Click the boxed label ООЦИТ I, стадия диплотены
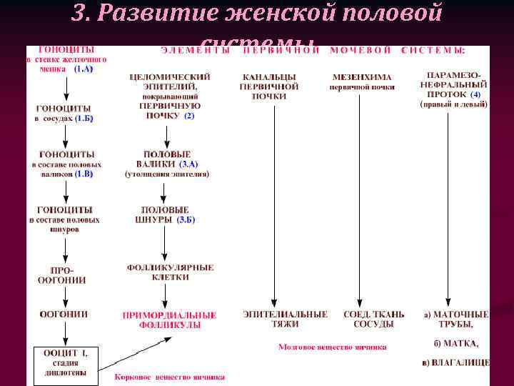tap(65, 362)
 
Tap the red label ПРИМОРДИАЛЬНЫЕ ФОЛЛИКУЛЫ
tap(170, 320)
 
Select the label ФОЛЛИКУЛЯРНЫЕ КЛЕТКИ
tap(170, 272)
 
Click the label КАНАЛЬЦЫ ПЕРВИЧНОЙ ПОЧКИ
tap(269, 86)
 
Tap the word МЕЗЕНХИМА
tap(362, 77)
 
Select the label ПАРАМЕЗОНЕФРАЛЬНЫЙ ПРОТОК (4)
tap(453, 84)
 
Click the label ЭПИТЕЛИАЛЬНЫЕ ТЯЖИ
tap(285, 319)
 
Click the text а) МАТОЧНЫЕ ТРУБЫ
tap(455, 319)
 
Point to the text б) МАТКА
tap(457, 343)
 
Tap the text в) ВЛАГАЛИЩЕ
tap(455, 362)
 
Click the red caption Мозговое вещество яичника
tap(333, 347)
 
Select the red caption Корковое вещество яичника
tap(170, 377)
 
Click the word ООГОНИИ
tap(64, 314)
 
